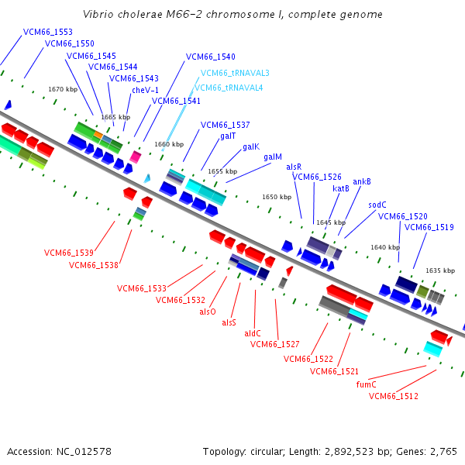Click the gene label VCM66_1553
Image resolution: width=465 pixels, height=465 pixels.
(48, 32)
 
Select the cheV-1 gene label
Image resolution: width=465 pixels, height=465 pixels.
(145, 90)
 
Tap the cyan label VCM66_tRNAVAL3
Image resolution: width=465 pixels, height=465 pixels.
(235, 73)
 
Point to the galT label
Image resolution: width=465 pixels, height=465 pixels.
(228, 136)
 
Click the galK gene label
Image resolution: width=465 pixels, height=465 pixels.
(250, 146)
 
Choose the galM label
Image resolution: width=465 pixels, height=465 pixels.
(272, 157)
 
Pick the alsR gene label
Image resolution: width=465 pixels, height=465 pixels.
(294, 167)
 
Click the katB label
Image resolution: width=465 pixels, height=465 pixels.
(341, 188)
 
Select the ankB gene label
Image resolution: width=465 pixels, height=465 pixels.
(362, 181)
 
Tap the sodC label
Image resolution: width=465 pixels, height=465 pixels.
(377, 205)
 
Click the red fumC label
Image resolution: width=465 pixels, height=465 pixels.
(366, 384)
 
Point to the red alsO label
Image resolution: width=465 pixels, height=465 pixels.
(208, 312)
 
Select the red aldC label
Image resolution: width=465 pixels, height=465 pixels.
(253, 333)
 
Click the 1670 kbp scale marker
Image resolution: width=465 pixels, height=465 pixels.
(63, 90)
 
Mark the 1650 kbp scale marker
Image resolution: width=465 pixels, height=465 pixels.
(277, 198)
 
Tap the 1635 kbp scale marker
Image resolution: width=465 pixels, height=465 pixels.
(440, 270)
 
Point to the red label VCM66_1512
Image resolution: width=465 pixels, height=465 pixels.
(394, 396)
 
